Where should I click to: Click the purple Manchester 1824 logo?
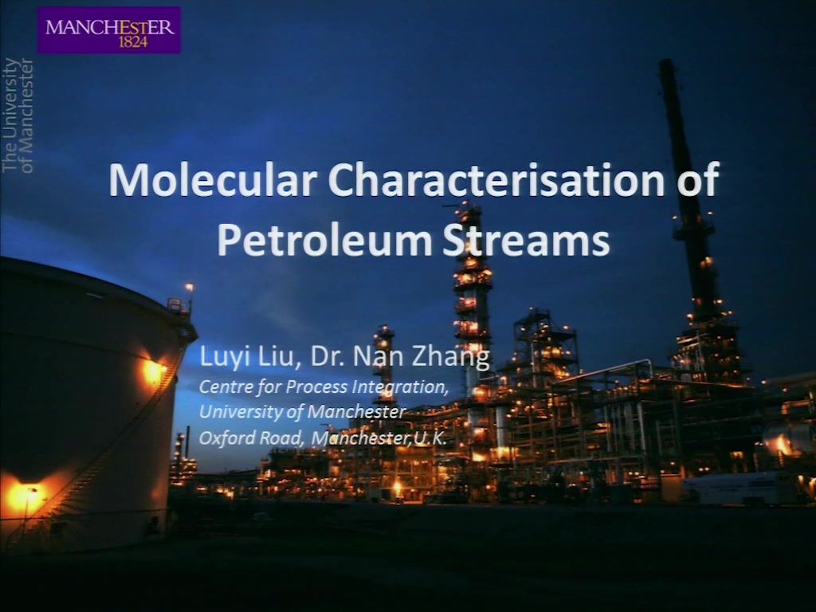[109, 30]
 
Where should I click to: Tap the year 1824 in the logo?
[133, 42]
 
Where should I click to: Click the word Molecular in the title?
[213, 179]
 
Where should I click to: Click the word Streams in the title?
[526, 241]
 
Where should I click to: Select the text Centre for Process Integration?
[324, 387]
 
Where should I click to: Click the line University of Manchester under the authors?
[302, 412]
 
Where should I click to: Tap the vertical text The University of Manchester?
[18, 116]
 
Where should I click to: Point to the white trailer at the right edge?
[745, 489]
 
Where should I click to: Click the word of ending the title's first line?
[698, 179]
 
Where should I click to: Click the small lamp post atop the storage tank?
[189, 295]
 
